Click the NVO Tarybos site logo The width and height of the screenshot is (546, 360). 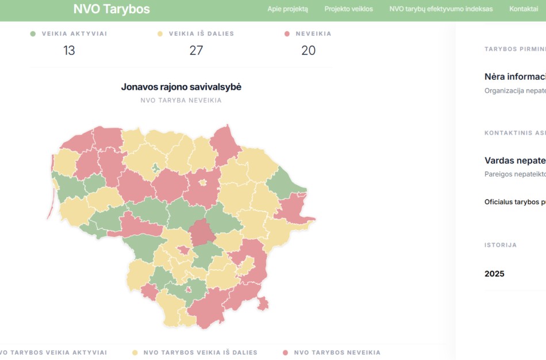point(111,9)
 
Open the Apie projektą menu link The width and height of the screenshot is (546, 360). point(287,9)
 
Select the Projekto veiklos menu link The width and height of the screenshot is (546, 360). point(348,9)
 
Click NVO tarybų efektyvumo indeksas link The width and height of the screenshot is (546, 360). point(441,9)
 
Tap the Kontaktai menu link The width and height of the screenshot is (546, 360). point(524,9)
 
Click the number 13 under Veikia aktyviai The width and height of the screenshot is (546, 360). point(69,51)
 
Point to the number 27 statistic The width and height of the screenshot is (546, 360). point(196,51)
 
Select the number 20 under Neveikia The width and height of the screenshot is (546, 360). point(308,51)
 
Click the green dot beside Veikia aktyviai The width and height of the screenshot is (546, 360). point(33,34)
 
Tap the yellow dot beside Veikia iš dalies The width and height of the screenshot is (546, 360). point(160,34)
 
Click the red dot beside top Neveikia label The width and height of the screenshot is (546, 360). point(287,34)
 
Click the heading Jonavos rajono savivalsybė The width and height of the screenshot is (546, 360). point(181,87)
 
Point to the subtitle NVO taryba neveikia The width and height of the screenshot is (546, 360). point(181,101)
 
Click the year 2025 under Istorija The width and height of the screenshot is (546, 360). point(494,274)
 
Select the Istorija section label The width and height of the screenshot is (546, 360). point(500,245)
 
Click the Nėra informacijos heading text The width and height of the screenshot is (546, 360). point(515,76)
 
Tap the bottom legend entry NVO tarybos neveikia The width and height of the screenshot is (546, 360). point(337,353)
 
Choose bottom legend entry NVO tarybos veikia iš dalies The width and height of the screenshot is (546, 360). point(200,353)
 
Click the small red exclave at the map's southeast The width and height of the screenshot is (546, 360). point(263,303)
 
